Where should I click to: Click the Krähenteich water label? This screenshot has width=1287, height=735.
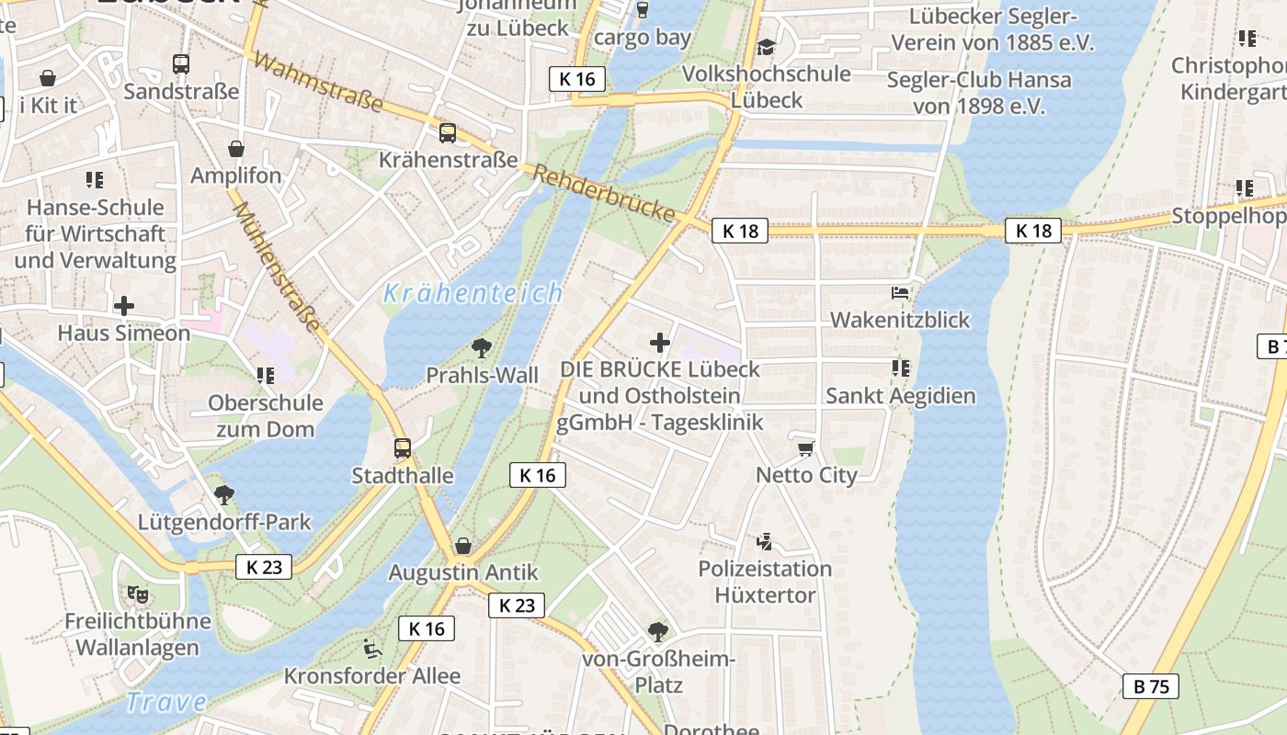[x=473, y=293]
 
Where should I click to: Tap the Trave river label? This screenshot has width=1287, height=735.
[x=165, y=703]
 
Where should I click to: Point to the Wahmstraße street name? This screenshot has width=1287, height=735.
[x=317, y=82]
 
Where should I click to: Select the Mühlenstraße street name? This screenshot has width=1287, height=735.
[x=277, y=267]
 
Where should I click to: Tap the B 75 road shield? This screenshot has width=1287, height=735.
[x=1150, y=686]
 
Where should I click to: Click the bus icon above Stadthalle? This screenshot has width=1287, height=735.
[x=403, y=448]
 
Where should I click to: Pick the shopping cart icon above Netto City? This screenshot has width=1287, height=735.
[x=806, y=448]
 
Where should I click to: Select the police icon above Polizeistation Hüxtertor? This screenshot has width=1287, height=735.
[x=764, y=541]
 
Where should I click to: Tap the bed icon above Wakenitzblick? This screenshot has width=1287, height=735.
[x=900, y=293]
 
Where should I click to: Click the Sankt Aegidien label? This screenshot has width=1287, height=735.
[x=900, y=396]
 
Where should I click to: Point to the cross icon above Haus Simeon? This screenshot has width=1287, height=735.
[x=124, y=306]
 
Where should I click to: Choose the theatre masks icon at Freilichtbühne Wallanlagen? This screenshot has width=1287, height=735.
[x=138, y=594]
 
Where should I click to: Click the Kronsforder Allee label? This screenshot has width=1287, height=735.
[x=372, y=676]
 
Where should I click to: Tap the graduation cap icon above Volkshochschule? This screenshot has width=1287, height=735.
[x=767, y=47]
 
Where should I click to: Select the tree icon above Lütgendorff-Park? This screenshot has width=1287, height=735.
[x=224, y=495]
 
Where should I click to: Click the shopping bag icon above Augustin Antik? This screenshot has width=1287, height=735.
[x=462, y=546]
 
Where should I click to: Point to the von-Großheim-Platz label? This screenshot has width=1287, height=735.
[x=658, y=673]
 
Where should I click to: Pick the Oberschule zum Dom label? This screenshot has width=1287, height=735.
[x=266, y=416]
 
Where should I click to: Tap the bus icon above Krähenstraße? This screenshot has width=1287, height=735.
[x=448, y=133]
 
